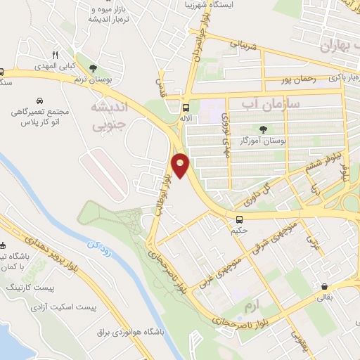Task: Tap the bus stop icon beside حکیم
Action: point(240,219)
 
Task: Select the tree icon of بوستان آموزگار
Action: point(264,129)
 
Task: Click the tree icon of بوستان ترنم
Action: point(92,68)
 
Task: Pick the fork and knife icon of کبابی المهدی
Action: point(54,54)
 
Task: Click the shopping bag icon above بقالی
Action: point(323,287)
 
